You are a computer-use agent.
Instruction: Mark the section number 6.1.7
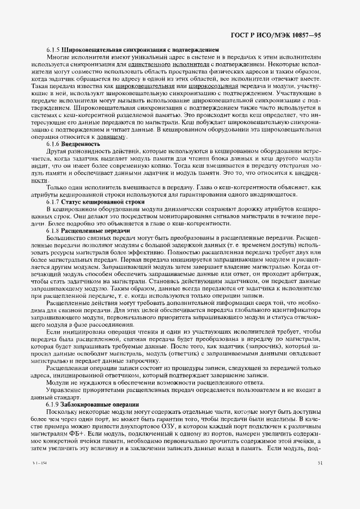point(53,202)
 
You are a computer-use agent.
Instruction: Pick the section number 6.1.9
point(53,405)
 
